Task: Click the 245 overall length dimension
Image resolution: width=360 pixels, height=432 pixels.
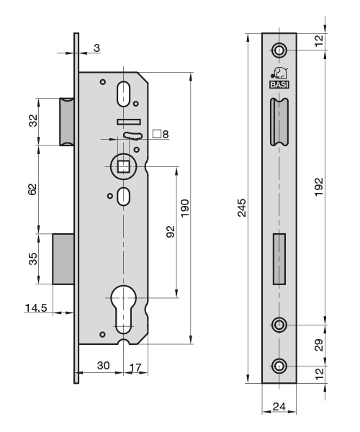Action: coord(242,208)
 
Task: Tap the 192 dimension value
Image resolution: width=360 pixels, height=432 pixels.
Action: coord(319,187)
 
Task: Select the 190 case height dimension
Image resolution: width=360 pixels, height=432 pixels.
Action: coord(185,208)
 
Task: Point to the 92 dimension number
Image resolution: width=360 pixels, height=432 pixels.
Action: coord(171,231)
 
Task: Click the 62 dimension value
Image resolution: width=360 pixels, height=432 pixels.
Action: coord(32,189)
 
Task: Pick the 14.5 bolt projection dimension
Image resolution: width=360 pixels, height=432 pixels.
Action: coord(36,307)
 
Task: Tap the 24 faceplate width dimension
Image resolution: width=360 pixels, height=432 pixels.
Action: coord(279,406)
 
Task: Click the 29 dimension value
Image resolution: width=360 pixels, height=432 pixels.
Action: coord(319,345)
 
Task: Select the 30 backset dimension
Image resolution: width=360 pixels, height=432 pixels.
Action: coord(103,366)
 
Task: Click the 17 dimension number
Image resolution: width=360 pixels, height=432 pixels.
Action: coord(135,367)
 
